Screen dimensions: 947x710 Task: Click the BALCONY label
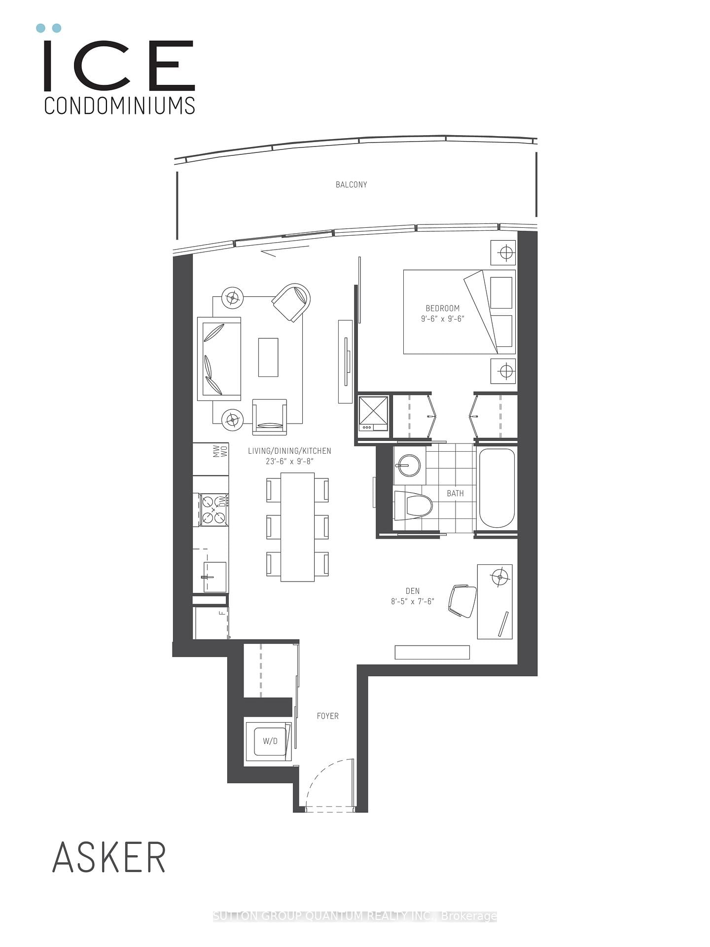coord(351,184)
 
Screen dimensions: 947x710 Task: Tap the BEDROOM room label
coord(442,308)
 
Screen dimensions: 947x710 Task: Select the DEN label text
coord(413,591)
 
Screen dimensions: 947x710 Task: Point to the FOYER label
coord(327,716)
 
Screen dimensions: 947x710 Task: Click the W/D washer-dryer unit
coord(270,741)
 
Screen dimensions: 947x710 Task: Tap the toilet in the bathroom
coord(413,505)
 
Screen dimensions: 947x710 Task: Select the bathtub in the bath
coord(497,488)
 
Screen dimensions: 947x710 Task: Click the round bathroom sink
coord(409,464)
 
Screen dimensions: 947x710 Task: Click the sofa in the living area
coord(219,359)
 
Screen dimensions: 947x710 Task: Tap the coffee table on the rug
coord(268,358)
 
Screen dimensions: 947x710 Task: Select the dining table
coord(297,527)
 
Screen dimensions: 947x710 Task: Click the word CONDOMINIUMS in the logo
coord(119,106)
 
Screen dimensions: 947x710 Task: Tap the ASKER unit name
coord(109,858)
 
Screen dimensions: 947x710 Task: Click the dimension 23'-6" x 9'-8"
coord(289,461)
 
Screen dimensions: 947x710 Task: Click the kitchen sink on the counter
coord(215,577)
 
